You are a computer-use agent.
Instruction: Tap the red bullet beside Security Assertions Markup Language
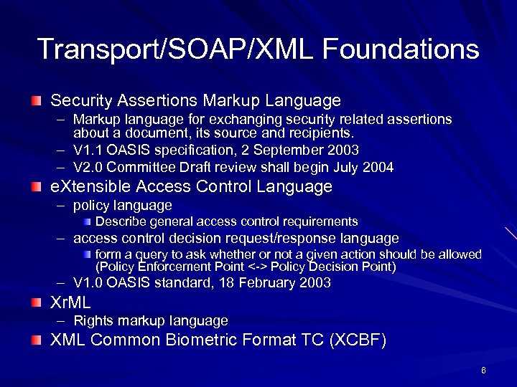36,100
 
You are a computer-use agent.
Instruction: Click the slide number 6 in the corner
484,371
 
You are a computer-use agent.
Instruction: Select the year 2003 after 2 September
343,150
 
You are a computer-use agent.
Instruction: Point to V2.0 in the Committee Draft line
87,168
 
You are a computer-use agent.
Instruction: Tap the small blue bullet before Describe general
86,222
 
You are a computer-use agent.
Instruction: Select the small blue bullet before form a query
86,255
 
